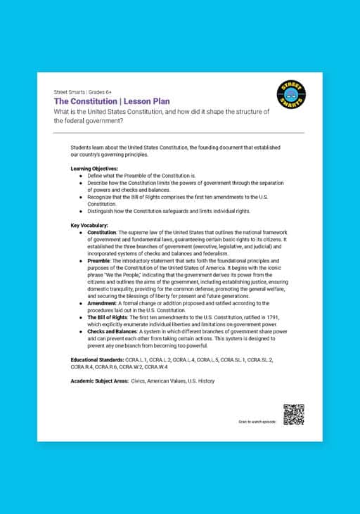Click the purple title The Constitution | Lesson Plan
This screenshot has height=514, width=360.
click(112, 101)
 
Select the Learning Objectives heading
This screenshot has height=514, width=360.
click(94, 169)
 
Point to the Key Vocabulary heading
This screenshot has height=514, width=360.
click(89, 225)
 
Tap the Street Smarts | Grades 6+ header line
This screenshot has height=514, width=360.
click(82, 92)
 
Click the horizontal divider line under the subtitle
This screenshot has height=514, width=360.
click(179, 133)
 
